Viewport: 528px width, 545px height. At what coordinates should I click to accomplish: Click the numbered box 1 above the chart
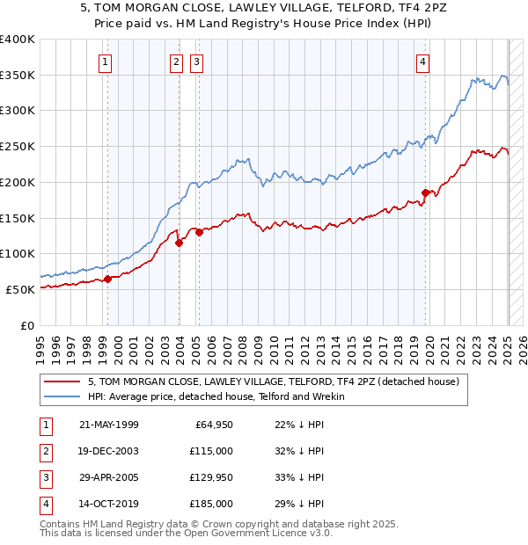pos(106,62)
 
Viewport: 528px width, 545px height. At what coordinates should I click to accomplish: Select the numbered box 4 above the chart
pos(423,62)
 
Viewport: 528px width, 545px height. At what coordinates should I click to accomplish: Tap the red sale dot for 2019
pos(425,193)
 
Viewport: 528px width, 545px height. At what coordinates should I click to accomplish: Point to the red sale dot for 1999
pos(108,279)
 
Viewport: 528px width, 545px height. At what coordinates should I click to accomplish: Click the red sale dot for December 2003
pos(179,243)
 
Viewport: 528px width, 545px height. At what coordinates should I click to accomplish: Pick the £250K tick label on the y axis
pos(18,147)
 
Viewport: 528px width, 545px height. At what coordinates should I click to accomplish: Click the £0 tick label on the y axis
pos(27,325)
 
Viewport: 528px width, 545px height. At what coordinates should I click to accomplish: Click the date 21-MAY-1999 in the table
pos(109,425)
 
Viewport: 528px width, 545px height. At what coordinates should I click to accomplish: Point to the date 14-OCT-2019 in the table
pos(109,505)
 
